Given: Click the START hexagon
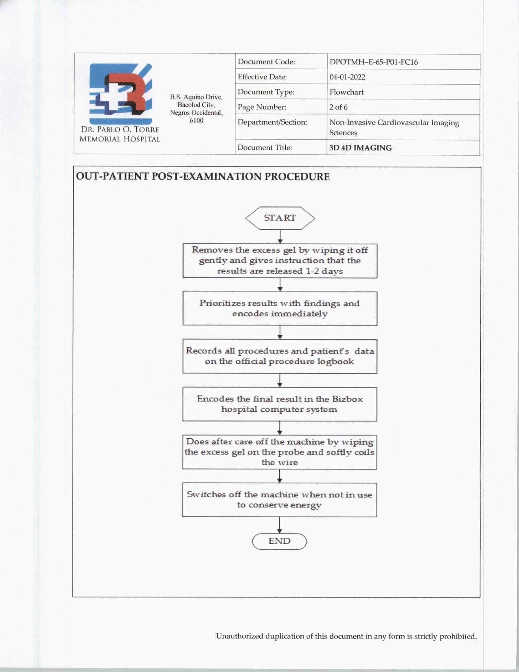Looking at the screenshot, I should pos(280,218).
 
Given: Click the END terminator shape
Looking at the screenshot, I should pos(279,541).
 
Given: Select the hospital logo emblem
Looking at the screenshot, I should pos(120,94).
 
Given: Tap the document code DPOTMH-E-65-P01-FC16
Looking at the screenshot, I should pos(373,62).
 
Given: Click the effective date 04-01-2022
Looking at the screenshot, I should pos(347,77).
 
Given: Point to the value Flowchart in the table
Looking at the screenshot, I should pos(346,92).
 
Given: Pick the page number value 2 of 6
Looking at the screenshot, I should pos(338,107).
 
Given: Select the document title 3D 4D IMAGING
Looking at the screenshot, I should pos(360,148).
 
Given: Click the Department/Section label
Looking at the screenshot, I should pos(272,122).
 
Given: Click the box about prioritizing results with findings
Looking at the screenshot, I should pos(280,308).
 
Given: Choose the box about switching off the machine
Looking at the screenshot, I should pos(279,500).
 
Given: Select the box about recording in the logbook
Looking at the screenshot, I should pos(280,356).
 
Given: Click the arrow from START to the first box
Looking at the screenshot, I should pos(280,237).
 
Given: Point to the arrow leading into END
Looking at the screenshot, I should pos(280,525).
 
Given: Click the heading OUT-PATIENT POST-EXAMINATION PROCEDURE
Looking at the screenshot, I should pos(203,177).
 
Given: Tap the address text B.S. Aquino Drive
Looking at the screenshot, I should pos(196,97).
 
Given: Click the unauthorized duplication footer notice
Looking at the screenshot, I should pos(346,636).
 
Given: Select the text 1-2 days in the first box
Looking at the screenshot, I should pos(324,271).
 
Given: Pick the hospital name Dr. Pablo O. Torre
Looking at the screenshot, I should pos(120,130).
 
